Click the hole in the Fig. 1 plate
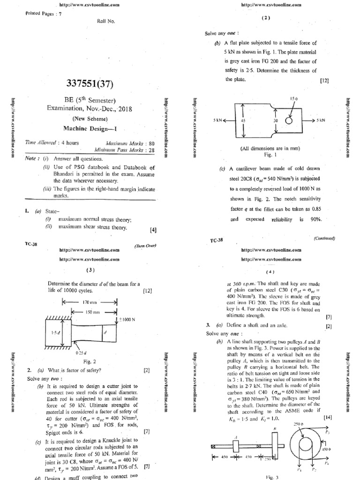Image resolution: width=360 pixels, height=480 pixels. (x=288, y=120)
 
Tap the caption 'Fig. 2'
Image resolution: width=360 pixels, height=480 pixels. (x=89, y=361)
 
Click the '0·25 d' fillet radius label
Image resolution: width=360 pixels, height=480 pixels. (x=81, y=351)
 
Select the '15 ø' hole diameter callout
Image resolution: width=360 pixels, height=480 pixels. (x=294, y=99)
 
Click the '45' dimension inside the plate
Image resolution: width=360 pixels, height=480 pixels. (x=243, y=120)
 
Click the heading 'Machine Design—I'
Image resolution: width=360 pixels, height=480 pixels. (x=89, y=127)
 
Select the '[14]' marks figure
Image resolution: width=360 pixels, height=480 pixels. (x=327, y=416)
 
